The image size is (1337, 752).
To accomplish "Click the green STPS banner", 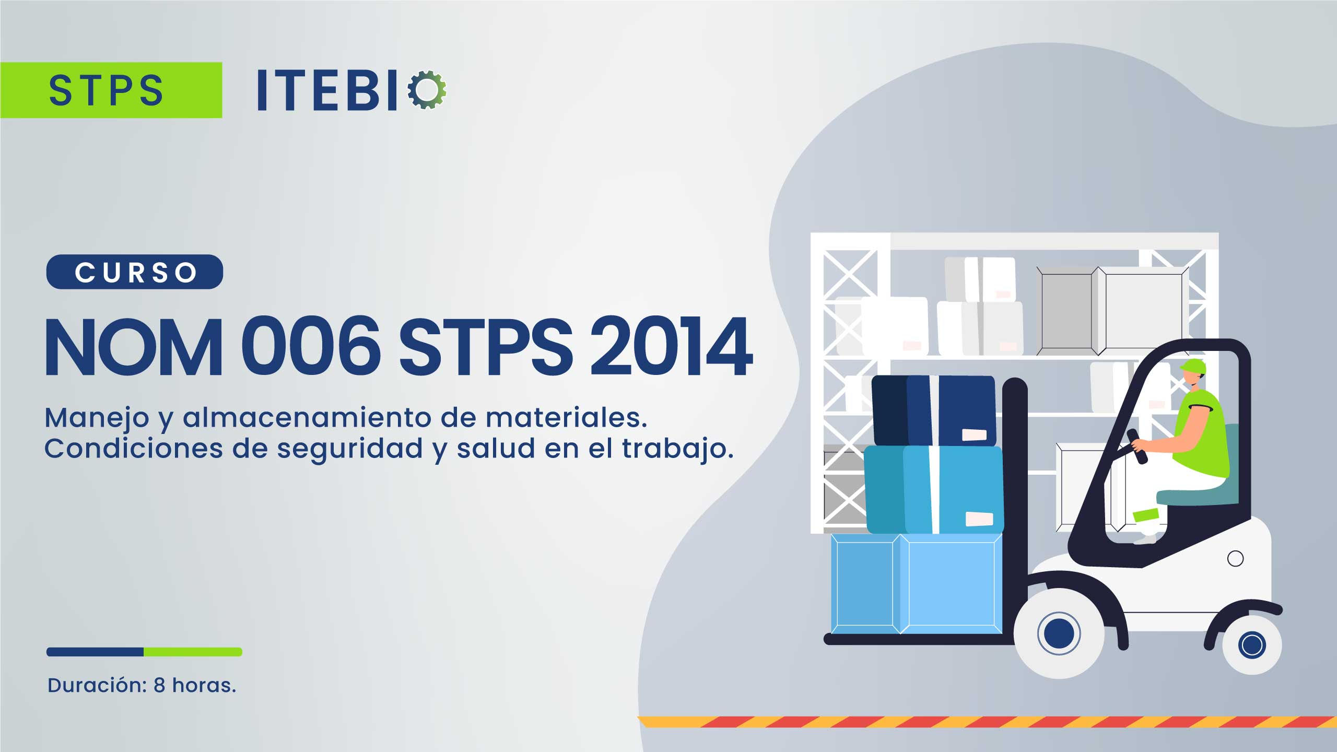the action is [111, 90].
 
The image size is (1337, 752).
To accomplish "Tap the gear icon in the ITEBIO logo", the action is [427, 90].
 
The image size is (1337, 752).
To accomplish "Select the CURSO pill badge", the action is [135, 272].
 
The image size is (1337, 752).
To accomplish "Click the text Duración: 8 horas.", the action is [142, 685].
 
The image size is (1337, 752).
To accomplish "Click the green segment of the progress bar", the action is [193, 652].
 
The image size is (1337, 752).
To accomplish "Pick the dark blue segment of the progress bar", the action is [95, 652].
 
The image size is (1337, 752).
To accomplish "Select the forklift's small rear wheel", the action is [1251, 644].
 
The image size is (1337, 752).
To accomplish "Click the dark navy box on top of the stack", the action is [934, 410].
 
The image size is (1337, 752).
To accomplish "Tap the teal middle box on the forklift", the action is [933, 490].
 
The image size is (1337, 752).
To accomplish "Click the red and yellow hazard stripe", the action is [987, 722].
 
